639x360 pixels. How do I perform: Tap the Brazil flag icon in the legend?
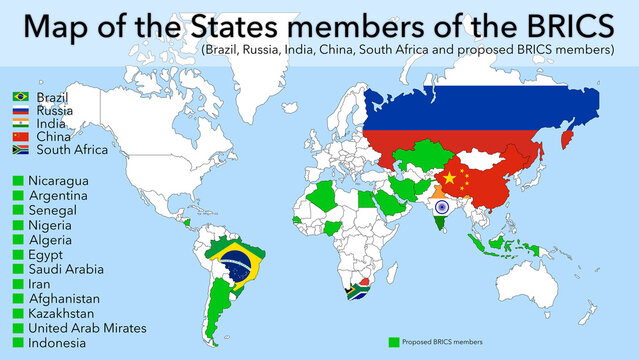[x=20, y=96]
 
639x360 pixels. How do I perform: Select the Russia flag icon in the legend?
[x=20, y=110]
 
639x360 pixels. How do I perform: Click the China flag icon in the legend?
[x=20, y=136]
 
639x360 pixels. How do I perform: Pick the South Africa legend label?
[x=72, y=150]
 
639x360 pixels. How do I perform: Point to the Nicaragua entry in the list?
[x=63, y=180]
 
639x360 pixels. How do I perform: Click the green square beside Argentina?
[x=16, y=195]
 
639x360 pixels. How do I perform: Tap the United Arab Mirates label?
[x=88, y=328]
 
